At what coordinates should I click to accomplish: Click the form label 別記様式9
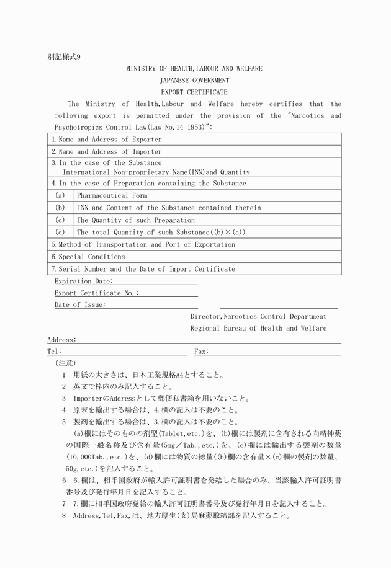pos(63,56)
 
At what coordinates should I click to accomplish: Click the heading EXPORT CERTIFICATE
pos(194,92)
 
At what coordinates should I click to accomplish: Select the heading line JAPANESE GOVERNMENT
pos(194,81)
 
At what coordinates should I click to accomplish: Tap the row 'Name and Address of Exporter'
pos(106,140)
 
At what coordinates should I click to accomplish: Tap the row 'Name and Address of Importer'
pos(106,152)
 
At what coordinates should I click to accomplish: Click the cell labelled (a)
pos(60,195)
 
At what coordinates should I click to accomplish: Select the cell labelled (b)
pos(60,208)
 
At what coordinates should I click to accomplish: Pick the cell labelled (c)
pos(60,220)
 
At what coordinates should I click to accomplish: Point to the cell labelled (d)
pos(60,232)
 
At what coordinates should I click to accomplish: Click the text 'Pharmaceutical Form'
pos(112,195)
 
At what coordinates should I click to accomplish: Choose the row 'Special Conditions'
pos(88,257)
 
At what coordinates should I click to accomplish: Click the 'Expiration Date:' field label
pos(84,281)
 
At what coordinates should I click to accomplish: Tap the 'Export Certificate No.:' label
pos(97,293)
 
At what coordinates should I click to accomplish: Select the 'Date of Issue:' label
pos(80,304)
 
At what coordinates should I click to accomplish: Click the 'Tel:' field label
pos(54,352)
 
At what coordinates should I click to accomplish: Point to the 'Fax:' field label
pos(201,352)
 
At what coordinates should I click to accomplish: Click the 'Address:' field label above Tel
pos(62,340)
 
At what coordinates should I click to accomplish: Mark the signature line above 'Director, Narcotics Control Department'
pos(279,308)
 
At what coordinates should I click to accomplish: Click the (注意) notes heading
pos(65,363)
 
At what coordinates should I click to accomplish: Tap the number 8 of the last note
pos(64,515)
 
